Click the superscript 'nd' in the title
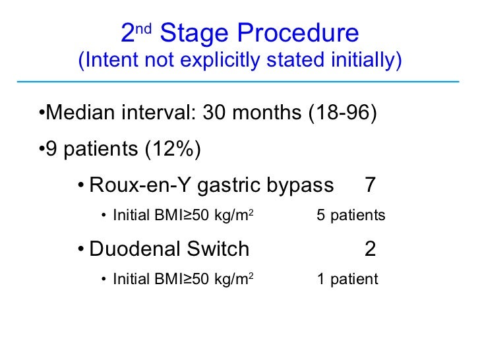pos(146,27)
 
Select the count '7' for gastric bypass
pos(371,185)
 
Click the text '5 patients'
pos(351,216)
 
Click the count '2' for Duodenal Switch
pos(371,249)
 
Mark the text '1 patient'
pos(347,280)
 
